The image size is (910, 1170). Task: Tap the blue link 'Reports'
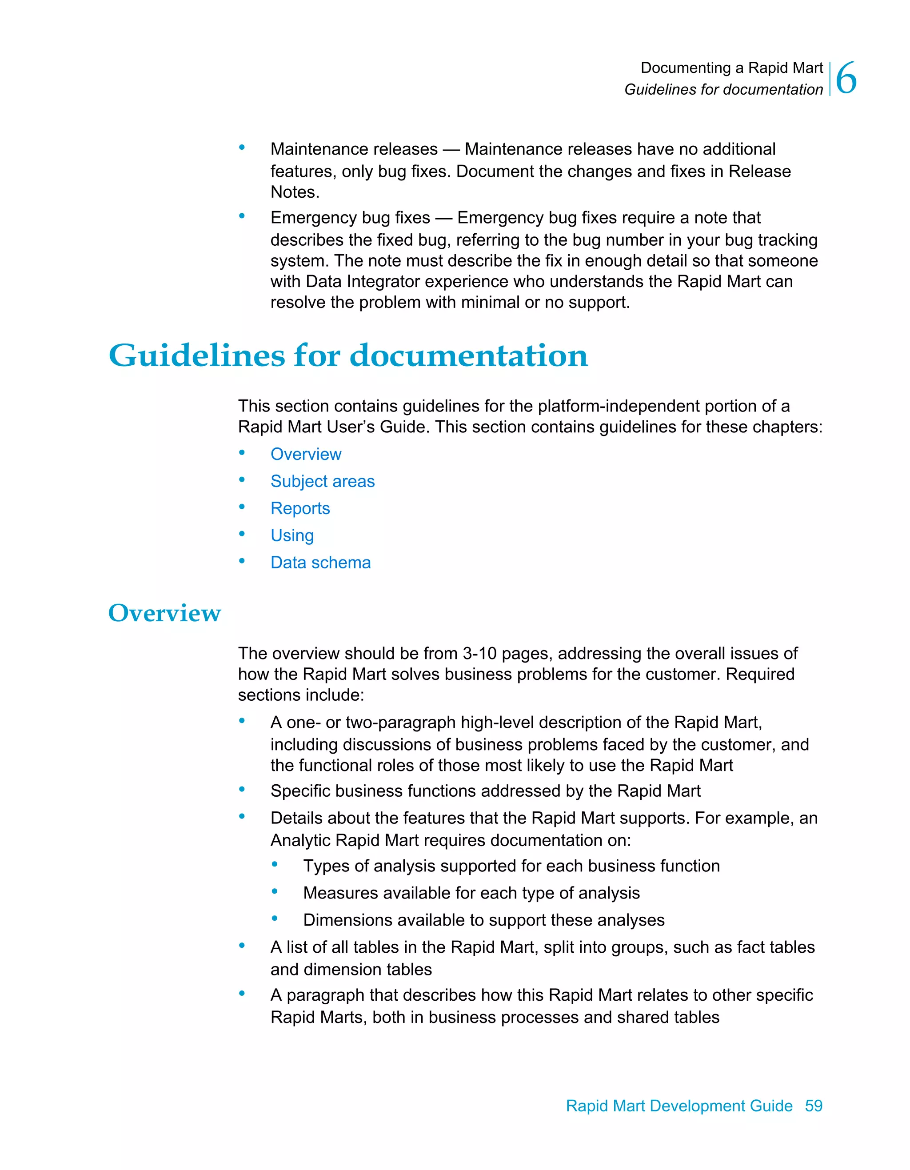(x=300, y=508)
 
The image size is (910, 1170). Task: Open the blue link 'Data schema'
(x=320, y=563)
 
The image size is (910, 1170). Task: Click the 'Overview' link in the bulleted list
(x=306, y=454)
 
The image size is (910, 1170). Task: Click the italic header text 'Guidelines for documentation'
(x=723, y=89)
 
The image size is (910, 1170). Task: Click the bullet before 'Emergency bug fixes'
(x=242, y=216)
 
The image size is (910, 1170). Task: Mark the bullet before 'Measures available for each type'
(x=275, y=891)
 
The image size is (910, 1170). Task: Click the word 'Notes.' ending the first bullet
(x=295, y=192)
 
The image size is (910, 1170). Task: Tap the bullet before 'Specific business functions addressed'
(x=242, y=789)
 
